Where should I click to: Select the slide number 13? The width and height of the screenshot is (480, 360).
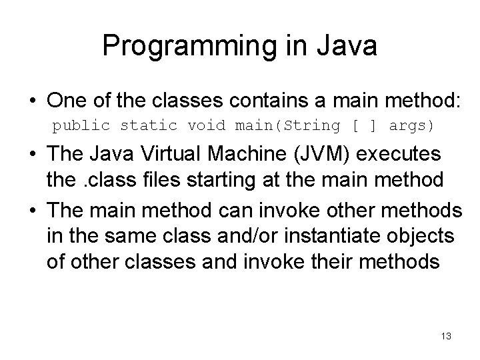tap(446, 337)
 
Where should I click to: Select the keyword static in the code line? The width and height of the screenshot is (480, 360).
tap(148, 125)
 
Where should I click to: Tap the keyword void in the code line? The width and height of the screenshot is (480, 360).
tap(206, 125)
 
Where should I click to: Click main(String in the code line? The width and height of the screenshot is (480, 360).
tap(283, 125)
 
